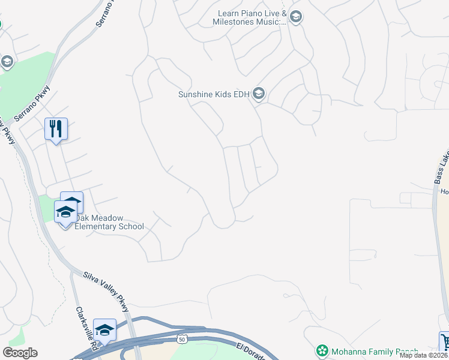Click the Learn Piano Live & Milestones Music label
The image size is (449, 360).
(249, 17)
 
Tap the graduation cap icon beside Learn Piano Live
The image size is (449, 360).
(295, 17)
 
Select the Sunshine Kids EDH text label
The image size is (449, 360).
(214, 94)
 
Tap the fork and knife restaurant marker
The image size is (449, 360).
(56, 128)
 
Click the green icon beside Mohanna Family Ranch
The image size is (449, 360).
(322, 350)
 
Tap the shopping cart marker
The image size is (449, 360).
(445, 342)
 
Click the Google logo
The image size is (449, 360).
(20, 353)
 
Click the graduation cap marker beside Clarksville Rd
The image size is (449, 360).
(104, 330)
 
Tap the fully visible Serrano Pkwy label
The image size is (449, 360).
(32, 104)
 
